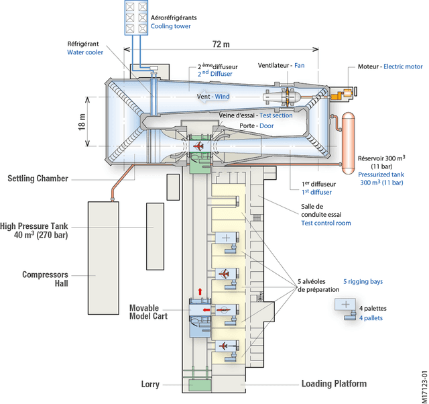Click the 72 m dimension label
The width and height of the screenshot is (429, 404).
221,44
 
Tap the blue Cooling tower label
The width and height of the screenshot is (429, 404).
171,26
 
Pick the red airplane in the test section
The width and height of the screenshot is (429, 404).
198,146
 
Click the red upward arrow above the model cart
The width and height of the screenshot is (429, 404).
199,292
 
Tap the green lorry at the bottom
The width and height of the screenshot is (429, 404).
199,386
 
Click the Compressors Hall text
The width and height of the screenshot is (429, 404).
46,279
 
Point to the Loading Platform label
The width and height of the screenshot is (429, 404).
334,384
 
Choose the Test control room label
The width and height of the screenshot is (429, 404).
326,223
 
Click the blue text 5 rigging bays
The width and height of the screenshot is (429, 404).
363,281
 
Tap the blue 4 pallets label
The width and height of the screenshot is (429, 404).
371,318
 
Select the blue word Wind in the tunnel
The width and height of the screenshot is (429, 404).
222,97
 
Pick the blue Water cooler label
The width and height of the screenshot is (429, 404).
85,52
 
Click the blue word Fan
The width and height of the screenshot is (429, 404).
300,66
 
